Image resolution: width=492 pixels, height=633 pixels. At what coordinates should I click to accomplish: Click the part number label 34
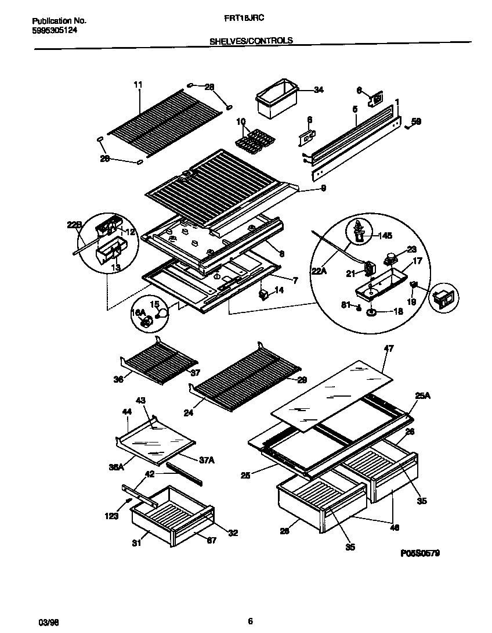click(x=319, y=89)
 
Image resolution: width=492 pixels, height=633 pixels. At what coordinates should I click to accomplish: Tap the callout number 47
click(x=389, y=349)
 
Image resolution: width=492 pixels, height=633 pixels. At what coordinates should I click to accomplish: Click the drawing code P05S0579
click(x=419, y=553)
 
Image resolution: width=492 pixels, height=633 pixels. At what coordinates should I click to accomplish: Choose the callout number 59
click(x=416, y=121)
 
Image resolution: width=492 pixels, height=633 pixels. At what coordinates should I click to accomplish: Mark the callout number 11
click(x=138, y=85)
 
